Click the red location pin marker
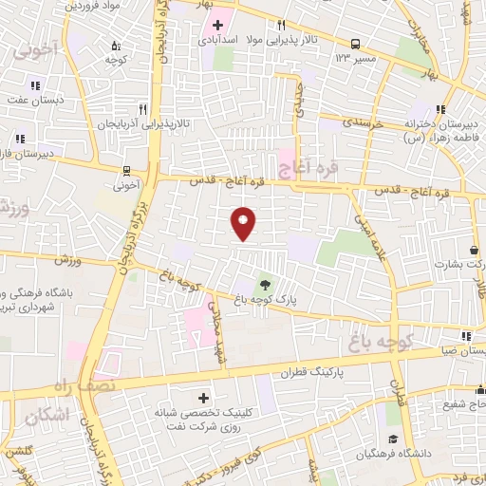244,222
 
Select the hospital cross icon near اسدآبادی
217,24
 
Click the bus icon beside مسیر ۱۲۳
355,44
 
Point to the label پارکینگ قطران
308,375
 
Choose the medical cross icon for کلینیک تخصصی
202,397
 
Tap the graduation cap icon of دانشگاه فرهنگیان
392,439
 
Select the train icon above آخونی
127,173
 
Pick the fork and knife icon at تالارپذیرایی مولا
281,25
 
